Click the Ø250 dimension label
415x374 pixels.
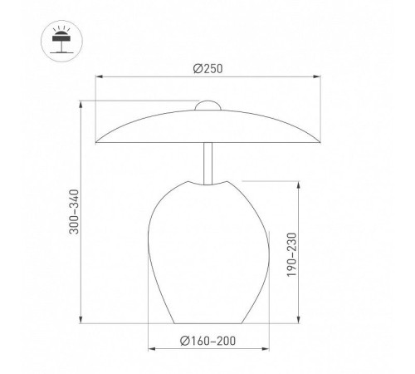[207, 69]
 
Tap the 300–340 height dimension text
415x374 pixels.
[74, 212]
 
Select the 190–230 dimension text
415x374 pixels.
[291, 255]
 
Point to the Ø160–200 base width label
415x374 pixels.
[207, 341]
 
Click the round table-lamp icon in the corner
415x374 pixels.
[61, 41]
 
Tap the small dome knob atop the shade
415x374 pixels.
[207, 106]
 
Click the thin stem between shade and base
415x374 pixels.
[207, 164]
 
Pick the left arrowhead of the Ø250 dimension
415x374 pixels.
[99, 76]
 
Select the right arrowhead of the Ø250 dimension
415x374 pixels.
[317, 76]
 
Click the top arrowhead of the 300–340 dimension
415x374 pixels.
[81, 105]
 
